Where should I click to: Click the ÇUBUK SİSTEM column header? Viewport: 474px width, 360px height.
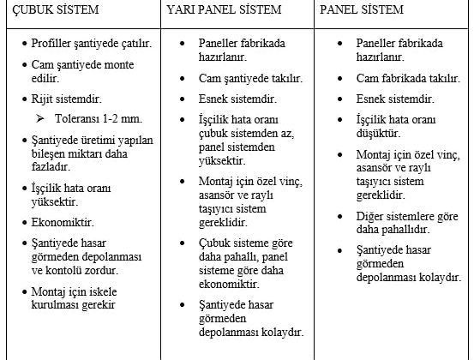coord(51,11)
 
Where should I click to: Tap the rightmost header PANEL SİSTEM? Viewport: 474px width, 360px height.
coord(363,11)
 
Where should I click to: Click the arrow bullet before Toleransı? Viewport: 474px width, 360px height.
coord(39,117)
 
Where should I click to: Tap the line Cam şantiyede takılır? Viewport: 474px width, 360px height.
coord(251,79)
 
